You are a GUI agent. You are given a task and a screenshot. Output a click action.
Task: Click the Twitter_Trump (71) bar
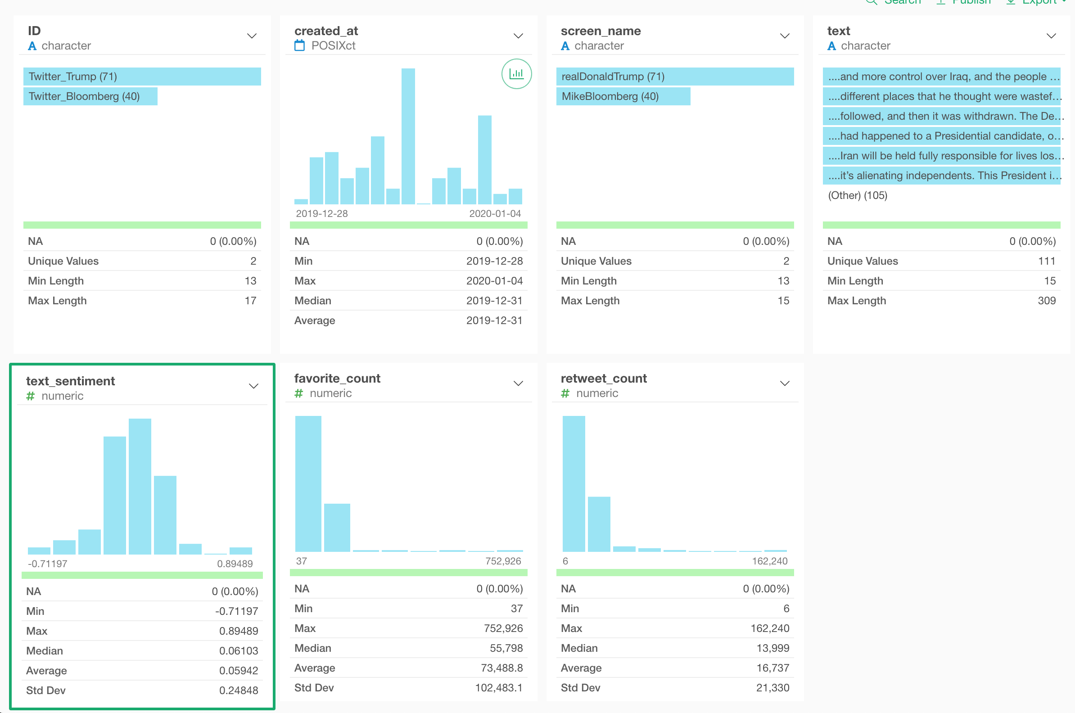[142, 77]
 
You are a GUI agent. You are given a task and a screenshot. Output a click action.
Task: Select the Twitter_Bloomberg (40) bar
[90, 96]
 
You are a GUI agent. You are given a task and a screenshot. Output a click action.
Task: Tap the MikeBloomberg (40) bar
[623, 96]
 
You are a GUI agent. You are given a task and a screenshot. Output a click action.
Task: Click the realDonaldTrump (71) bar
[674, 77]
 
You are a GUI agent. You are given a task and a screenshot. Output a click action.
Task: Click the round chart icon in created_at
[516, 74]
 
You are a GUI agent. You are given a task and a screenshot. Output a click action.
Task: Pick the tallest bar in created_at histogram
[408, 136]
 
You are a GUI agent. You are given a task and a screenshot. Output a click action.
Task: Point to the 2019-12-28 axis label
[321, 214]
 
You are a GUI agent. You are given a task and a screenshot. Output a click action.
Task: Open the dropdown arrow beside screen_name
[785, 36]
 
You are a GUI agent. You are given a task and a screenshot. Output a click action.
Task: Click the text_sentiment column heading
[71, 381]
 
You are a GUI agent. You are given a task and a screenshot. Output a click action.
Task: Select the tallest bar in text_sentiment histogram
[140, 487]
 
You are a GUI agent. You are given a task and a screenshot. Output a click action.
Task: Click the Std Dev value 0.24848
[238, 690]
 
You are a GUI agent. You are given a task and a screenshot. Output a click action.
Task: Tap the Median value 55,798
[506, 648]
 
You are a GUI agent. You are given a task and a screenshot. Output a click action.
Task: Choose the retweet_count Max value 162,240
[769, 628]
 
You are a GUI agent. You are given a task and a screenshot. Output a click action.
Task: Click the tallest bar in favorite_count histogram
[308, 483]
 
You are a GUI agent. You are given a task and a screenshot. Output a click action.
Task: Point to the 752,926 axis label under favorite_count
[503, 561]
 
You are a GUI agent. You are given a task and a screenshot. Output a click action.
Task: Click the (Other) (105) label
[857, 195]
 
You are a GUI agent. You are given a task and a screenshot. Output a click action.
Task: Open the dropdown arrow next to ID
[252, 36]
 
